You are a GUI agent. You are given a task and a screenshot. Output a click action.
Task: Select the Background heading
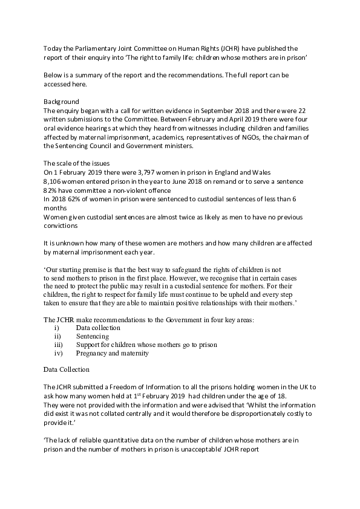[62, 102]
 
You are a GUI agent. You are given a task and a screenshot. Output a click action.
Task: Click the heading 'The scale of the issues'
[76, 164]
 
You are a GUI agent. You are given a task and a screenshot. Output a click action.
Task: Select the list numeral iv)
[59, 353]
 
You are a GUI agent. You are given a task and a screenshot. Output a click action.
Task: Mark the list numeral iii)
[58, 345]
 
